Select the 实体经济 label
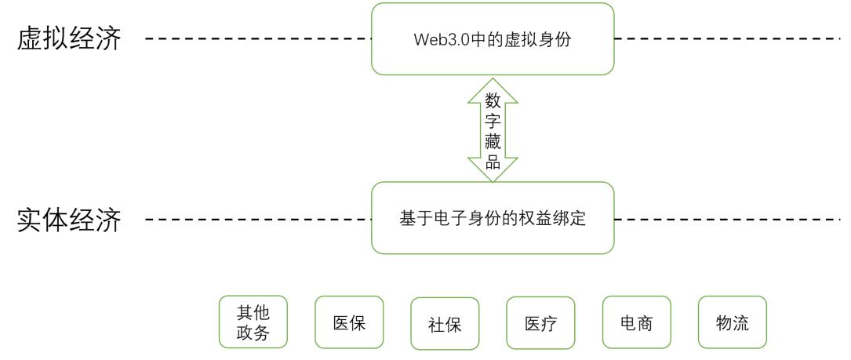(x=69, y=220)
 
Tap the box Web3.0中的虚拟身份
(x=493, y=40)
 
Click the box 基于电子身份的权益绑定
(x=493, y=219)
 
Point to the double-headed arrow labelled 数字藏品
(x=493, y=130)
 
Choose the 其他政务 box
(x=253, y=322)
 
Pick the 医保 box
(x=349, y=322)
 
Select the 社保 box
(x=445, y=323)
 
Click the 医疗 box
(x=540, y=322)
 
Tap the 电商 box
(x=637, y=322)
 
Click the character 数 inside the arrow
(x=493, y=101)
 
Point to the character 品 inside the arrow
(x=493, y=162)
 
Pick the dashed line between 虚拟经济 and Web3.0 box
(x=259, y=38)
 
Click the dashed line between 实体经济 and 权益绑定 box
(x=259, y=219)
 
